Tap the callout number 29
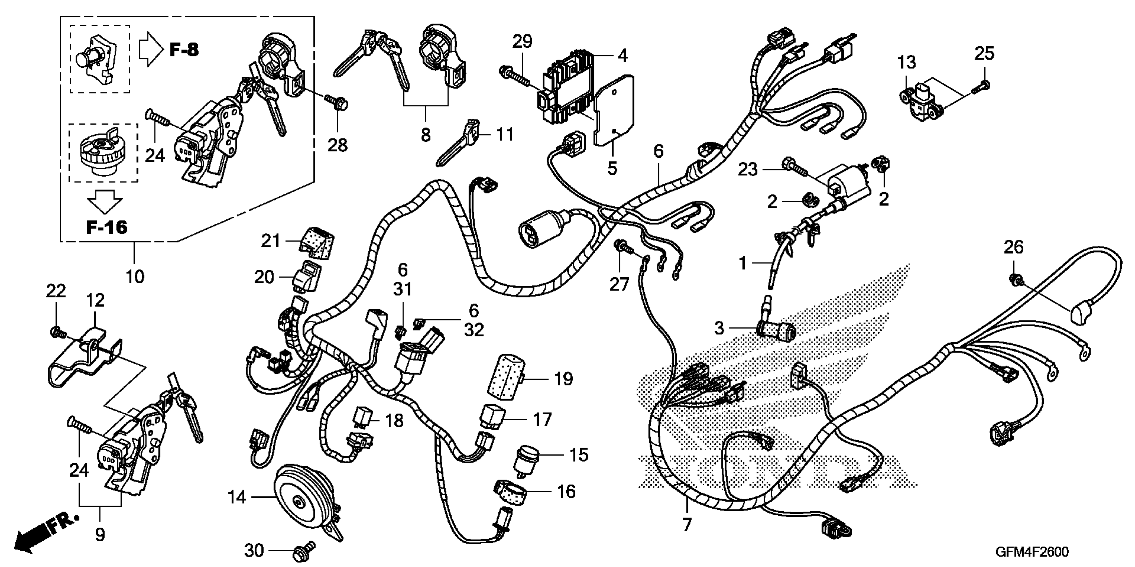pos(522,41)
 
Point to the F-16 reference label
pos(107,227)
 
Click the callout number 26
pos(1013,247)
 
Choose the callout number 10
pos(135,277)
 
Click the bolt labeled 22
pos(56,331)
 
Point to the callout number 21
pos(270,241)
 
